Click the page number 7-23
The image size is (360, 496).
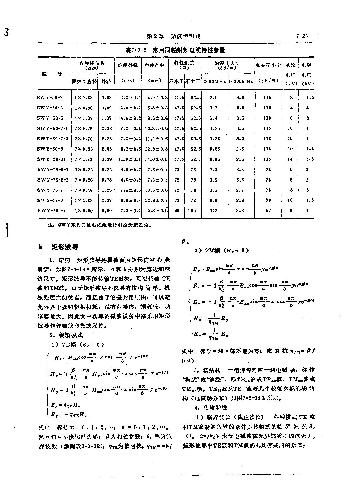(x=302, y=36)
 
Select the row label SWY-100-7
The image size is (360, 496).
(x=52, y=210)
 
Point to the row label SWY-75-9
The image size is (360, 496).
(x=50, y=200)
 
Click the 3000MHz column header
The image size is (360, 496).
(x=214, y=81)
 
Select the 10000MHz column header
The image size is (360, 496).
(x=240, y=81)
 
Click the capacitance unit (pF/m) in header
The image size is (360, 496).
(x=268, y=81)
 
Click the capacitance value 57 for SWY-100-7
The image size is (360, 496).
(x=268, y=210)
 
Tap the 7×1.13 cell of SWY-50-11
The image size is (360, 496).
(x=84, y=159)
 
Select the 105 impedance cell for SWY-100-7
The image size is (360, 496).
(x=192, y=210)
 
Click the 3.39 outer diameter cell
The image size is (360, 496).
(x=107, y=159)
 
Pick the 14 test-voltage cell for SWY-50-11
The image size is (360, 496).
(x=290, y=159)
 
